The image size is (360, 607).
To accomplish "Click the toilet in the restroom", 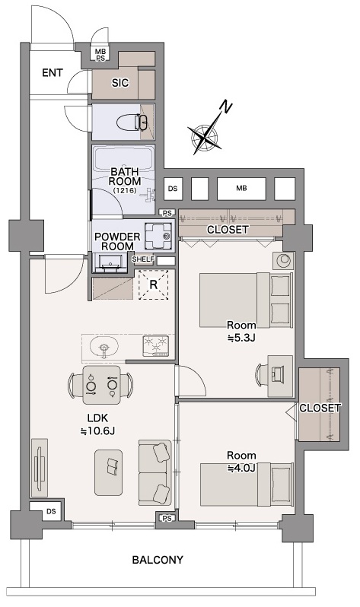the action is click(x=132, y=122).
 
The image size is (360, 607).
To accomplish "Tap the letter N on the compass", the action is click(x=225, y=106).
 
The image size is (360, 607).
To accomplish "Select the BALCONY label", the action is click(x=158, y=560).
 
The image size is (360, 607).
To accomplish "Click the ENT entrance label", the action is click(x=53, y=73).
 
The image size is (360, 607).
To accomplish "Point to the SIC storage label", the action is click(x=120, y=83).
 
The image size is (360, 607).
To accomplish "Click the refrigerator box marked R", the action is click(x=154, y=285).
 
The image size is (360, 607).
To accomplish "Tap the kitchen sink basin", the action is click(x=104, y=345).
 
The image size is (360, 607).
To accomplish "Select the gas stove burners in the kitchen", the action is click(x=156, y=345).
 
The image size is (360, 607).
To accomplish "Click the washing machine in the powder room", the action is click(x=158, y=236).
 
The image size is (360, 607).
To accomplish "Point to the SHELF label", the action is click(x=143, y=259).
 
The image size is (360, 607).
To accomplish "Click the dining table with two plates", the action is click(x=101, y=385).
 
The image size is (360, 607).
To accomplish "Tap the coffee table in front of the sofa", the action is click(x=109, y=472).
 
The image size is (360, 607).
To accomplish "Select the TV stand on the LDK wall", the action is click(x=40, y=468).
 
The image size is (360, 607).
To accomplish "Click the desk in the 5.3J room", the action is click(x=280, y=376).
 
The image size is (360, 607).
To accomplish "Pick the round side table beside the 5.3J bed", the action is click(x=283, y=261).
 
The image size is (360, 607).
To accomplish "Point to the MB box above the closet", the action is click(x=241, y=189).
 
